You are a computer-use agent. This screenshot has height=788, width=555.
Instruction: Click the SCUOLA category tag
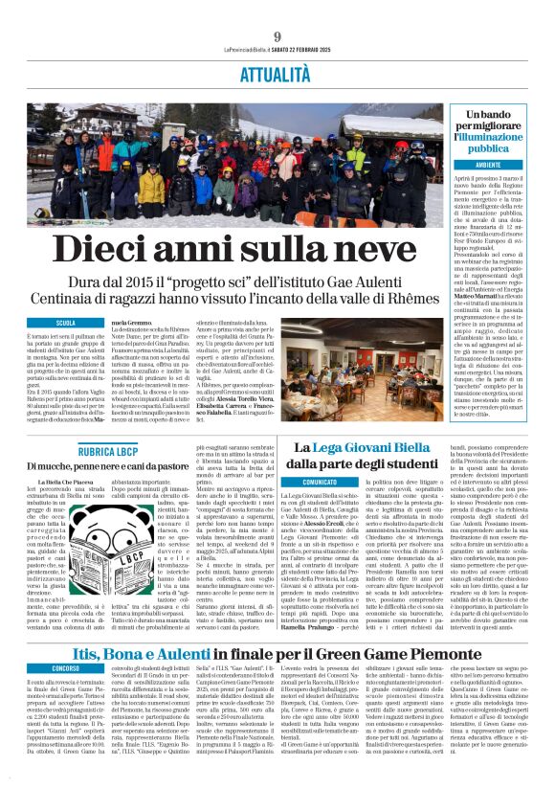tap(66, 324)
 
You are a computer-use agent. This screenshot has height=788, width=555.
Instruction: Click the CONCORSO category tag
tap(66, 640)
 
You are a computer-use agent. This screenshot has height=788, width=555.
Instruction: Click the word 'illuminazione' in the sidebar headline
tap(496, 137)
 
